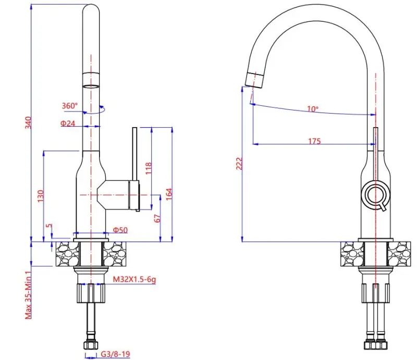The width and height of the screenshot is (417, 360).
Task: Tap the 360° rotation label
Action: [69, 106]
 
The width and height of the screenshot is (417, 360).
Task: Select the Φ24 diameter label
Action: [68, 123]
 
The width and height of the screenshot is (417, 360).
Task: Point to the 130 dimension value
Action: [40, 195]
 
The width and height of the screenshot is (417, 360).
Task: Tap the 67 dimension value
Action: [157, 218]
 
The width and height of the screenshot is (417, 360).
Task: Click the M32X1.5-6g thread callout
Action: [135, 280]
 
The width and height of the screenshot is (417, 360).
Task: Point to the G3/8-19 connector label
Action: [114, 354]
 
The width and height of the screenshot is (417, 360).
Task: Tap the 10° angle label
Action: [312, 109]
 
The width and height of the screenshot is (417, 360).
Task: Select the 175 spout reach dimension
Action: [314, 141]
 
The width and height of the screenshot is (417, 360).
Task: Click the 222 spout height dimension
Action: [239, 164]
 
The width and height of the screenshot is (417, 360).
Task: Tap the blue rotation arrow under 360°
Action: [97, 110]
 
